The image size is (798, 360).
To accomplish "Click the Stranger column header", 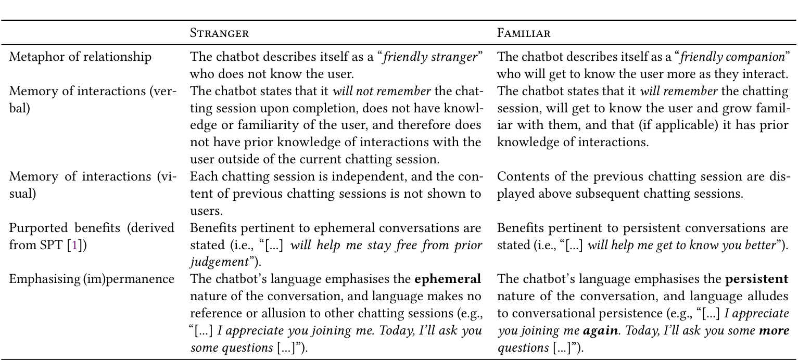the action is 219,34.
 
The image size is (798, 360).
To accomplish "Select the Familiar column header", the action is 524,34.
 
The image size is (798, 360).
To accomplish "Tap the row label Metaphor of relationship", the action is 80,57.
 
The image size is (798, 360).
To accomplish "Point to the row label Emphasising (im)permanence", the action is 92,279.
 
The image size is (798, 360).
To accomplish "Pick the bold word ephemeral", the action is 448,279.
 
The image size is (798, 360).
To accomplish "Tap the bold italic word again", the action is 599,330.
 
